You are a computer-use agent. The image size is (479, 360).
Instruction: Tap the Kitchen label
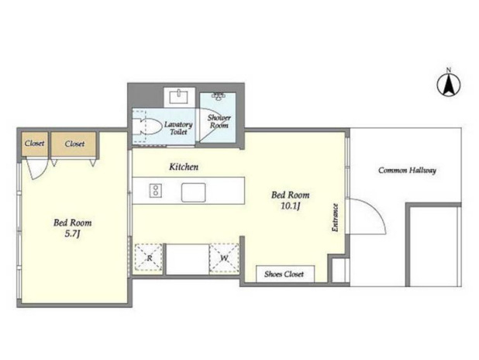(184, 167)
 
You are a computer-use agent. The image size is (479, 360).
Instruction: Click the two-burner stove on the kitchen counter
(156, 190)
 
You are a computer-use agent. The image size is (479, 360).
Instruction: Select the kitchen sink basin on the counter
(193, 192)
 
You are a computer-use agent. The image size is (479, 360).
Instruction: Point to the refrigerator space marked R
(149, 258)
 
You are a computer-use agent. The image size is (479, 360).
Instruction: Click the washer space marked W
(224, 258)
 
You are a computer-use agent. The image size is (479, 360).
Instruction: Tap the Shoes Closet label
(284, 274)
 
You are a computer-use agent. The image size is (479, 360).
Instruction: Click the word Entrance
(336, 217)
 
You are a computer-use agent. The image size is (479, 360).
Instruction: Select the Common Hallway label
(407, 170)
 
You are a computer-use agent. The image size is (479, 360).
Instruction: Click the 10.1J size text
(291, 206)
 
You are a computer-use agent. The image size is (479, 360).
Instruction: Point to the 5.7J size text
(72, 234)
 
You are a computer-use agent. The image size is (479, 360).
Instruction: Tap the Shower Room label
(219, 122)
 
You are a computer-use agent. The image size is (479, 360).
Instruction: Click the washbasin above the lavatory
(179, 97)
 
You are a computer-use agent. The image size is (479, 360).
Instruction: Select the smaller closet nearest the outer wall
(35, 144)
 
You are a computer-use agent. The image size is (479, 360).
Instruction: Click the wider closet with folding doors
(74, 144)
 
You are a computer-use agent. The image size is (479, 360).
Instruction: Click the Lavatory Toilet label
(178, 128)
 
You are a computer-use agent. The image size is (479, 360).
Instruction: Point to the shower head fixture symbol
(218, 96)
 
